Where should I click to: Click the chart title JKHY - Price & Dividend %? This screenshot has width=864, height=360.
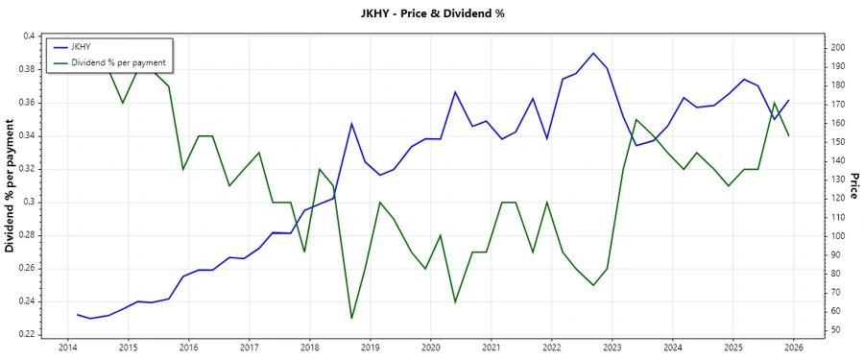[431, 13]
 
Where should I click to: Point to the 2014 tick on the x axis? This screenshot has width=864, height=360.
[67, 347]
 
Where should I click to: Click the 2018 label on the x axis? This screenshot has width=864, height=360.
[309, 347]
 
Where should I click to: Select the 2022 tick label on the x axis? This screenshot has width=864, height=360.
[551, 347]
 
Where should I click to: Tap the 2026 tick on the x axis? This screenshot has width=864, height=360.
[793, 347]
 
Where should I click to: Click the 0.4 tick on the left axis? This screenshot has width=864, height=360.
[29, 36]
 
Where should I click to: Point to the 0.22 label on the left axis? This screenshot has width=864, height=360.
[26, 334]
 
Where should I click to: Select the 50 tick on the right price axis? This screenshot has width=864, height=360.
[834, 330]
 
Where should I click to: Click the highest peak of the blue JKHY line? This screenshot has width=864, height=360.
[593, 53]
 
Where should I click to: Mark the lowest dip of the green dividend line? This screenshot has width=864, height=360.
[351, 318]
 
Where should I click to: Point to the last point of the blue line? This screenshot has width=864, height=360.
[789, 100]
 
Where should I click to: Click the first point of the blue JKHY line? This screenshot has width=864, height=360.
[77, 314]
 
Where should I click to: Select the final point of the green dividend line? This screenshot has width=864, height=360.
[789, 135]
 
